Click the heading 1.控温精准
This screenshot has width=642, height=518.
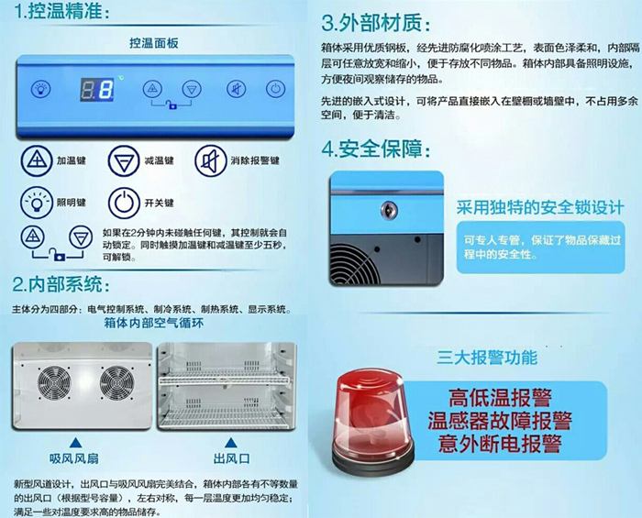tap(62, 13)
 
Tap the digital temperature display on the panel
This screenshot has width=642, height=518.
tap(96, 90)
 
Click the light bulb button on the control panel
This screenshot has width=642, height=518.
tap(40, 89)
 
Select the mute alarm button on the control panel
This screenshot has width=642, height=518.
tap(236, 89)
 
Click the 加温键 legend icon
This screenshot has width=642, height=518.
tap(36, 161)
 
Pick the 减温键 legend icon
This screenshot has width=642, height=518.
tap(122, 161)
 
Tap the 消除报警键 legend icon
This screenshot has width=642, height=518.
tap(210, 161)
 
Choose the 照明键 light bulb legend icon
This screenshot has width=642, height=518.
tap(36, 202)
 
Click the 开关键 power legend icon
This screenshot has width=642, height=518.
tap(122, 202)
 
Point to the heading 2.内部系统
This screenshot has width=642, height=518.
tap(62, 283)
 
